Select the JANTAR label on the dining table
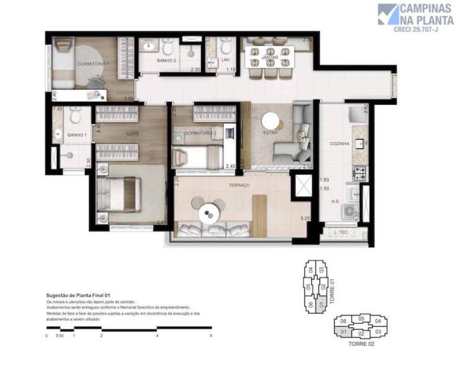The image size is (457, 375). pyautogui.click(x=271, y=57)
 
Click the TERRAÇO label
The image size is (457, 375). pyautogui.click(x=239, y=185)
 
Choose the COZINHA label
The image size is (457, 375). pyautogui.click(x=340, y=144)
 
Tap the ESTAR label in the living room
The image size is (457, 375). pyautogui.click(x=271, y=133)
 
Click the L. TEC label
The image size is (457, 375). pyautogui.click(x=342, y=233)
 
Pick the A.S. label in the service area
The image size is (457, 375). pyautogui.click(x=335, y=202)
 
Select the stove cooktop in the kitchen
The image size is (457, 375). pyautogui.click(x=360, y=171)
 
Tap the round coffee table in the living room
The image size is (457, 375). pyautogui.click(x=271, y=121)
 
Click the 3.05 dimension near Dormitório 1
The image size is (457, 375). pyautogui.click(x=128, y=99)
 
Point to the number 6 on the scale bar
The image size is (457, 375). pyautogui.click(x=211, y=335)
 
